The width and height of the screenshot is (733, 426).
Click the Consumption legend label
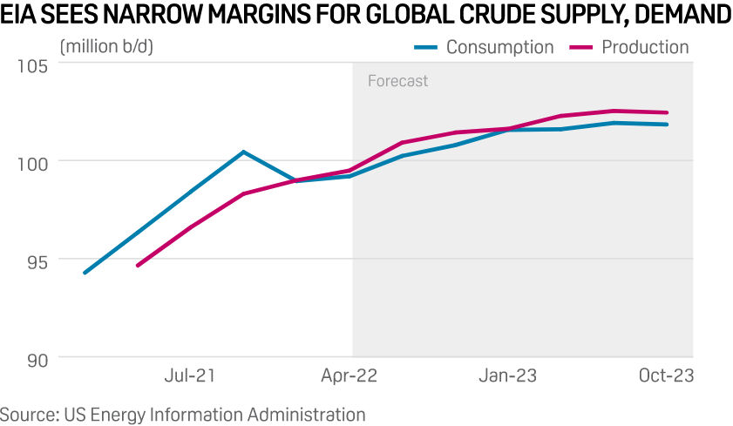499,47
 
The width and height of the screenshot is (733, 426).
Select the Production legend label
645,47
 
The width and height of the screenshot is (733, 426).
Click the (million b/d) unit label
105,46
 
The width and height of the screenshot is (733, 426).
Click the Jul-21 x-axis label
190,375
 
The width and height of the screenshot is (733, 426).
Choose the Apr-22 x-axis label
350,375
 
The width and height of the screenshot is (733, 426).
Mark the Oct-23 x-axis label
667,375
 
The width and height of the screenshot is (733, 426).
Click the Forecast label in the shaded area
397,81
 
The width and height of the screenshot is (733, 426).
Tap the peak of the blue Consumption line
243,152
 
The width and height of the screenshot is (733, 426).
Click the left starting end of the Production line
138,265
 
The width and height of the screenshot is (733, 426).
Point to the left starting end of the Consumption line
84,273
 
